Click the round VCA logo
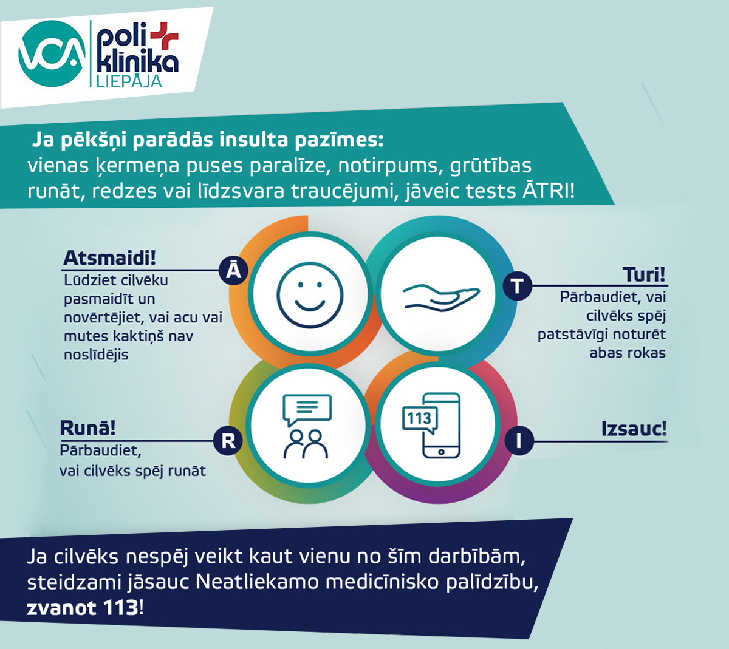pos(52,53)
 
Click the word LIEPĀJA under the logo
pos(129,81)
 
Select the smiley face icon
pos(310,295)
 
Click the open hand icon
pos(442,296)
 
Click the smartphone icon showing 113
pos(440,425)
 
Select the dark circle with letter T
pos(518,285)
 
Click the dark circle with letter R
pos(228,440)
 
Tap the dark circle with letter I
pos(518,441)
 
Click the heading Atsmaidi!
pos(109,258)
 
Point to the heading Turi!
pos(644,275)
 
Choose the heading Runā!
pos(87,428)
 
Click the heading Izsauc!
pos(634,429)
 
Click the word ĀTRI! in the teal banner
pos(548,191)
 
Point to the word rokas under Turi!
pos(646,353)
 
